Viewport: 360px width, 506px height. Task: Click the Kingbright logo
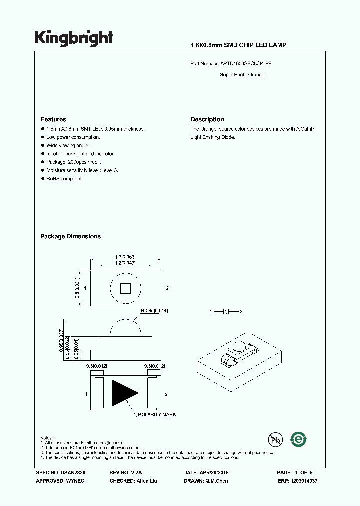73,38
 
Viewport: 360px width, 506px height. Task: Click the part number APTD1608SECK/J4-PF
246,64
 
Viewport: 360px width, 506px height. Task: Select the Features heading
53,120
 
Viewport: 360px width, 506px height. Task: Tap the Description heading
207,120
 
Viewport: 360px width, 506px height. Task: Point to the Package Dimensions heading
70,236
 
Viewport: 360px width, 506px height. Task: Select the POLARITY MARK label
157,415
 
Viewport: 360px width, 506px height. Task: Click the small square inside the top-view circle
125,288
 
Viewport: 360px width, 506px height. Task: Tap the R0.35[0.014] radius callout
154,311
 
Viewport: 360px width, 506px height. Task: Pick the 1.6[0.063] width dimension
125,256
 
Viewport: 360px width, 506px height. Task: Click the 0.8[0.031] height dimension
77,288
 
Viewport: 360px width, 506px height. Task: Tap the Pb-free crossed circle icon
274,440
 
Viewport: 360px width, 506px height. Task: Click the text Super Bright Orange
242,75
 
